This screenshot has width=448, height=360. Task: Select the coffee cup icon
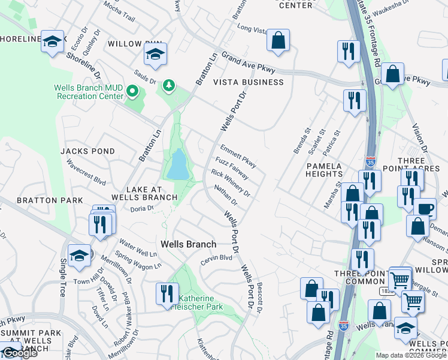click(x=425, y=209)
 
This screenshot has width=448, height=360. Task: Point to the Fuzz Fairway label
click(x=232, y=168)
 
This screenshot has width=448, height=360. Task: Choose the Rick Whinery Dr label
click(x=230, y=183)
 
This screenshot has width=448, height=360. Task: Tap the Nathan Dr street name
click(x=226, y=196)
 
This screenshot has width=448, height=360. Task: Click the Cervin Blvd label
click(x=216, y=257)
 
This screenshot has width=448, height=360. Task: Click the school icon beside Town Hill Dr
click(x=78, y=255)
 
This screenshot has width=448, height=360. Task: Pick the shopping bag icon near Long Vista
click(x=278, y=40)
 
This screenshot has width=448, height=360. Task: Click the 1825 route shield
click(x=387, y=291)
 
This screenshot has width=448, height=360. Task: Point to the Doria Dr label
click(x=143, y=208)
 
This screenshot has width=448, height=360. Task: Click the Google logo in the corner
click(x=19, y=353)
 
